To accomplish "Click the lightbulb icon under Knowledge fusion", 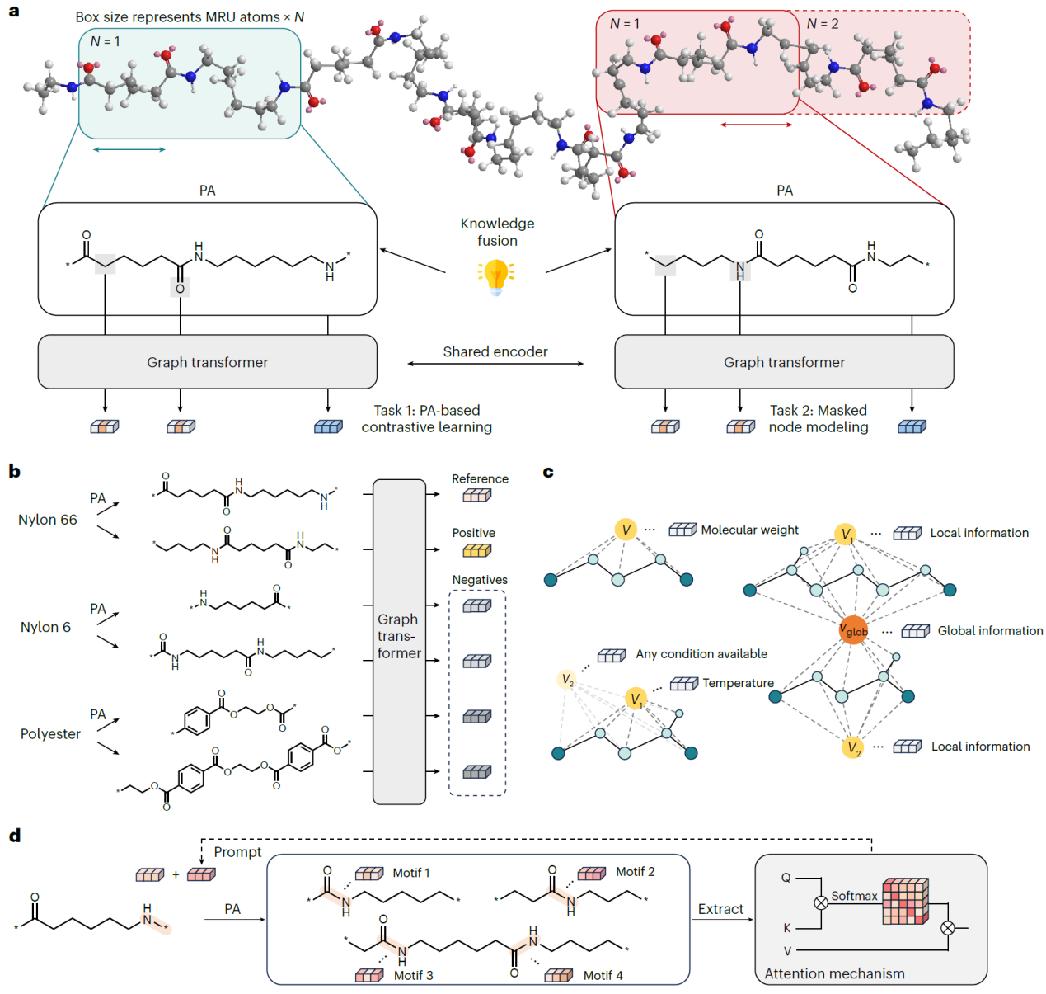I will tap(496, 276).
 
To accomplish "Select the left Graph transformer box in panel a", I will tap(207, 362).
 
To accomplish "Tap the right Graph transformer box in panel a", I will tap(784, 362).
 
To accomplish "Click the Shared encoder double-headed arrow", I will tap(495, 364).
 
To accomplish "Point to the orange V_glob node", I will tap(853, 631).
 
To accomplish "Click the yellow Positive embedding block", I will tap(476, 550).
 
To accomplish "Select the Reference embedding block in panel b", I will tap(476, 495).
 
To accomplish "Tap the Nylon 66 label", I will tap(48, 520).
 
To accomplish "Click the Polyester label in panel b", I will tap(50, 733).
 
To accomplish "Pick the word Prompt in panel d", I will tap(237, 852).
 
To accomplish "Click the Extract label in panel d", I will tap(720, 909).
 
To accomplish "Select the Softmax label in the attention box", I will tap(854, 896).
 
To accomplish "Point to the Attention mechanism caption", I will tap(834, 973).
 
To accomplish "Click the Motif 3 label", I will tap(413, 975).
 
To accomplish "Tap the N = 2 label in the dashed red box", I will tap(823, 24).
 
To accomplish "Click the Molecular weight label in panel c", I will tap(749, 530).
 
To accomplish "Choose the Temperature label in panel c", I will tap(738, 683).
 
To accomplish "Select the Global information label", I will tap(990, 631).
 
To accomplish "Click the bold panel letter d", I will tap(15, 836).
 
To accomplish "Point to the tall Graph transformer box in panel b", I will tap(399, 641).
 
